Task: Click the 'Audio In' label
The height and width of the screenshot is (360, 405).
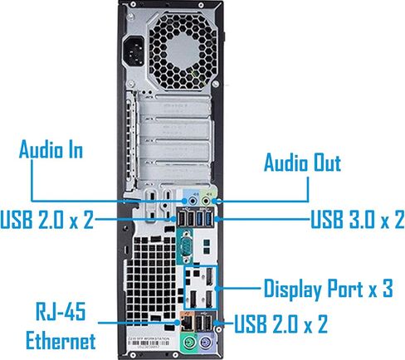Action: tap(51, 149)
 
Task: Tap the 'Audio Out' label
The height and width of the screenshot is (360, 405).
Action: tap(302, 162)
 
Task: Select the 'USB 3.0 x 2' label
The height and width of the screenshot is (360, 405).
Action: tap(358, 219)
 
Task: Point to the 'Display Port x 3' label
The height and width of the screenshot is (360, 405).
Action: tap(329, 289)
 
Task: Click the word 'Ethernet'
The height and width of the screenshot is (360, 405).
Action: tap(61, 340)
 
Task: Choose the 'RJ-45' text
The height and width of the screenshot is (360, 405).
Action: tap(61, 311)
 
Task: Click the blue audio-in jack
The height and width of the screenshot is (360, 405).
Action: tap(193, 201)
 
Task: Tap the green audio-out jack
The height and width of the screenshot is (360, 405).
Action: tap(207, 201)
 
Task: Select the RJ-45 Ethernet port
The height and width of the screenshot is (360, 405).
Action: tap(188, 323)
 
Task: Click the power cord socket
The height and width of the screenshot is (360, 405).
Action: tap(134, 51)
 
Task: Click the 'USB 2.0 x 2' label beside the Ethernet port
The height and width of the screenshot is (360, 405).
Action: tap(281, 324)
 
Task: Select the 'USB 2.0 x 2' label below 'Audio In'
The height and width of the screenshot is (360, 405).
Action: tap(46, 219)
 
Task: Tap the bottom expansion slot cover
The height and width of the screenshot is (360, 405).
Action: tap(174, 170)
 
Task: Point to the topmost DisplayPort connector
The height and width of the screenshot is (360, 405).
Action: tap(210, 277)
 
